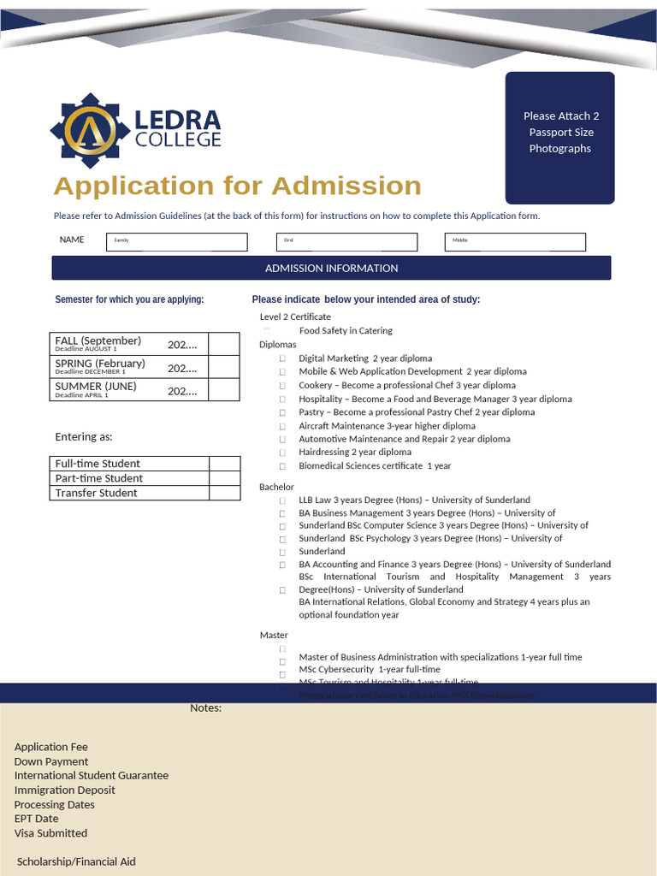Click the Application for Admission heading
pyautogui.click(x=237, y=186)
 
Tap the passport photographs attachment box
pyautogui.click(x=559, y=137)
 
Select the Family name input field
pyautogui.click(x=176, y=242)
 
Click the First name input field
pyautogui.click(x=346, y=242)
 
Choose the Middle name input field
pyautogui.click(x=515, y=242)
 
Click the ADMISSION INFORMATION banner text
pyautogui.click(x=331, y=269)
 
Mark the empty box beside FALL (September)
pyautogui.click(x=224, y=344)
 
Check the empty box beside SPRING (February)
pyautogui.click(x=224, y=367)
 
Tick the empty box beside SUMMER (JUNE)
pyautogui.click(x=224, y=390)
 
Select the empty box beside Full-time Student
pyautogui.click(x=224, y=464)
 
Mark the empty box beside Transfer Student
pyautogui.click(x=224, y=493)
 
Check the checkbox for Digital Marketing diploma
pyautogui.click(x=281, y=358)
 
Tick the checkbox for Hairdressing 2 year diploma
pyautogui.click(x=281, y=453)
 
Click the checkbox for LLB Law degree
pyautogui.click(x=281, y=500)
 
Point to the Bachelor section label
pyautogui.click(x=276, y=487)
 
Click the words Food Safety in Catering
pyautogui.click(x=346, y=331)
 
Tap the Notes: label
pyautogui.click(x=205, y=707)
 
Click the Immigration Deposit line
pyautogui.click(x=64, y=790)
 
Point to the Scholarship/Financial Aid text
pyautogui.click(x=76, y=861)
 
